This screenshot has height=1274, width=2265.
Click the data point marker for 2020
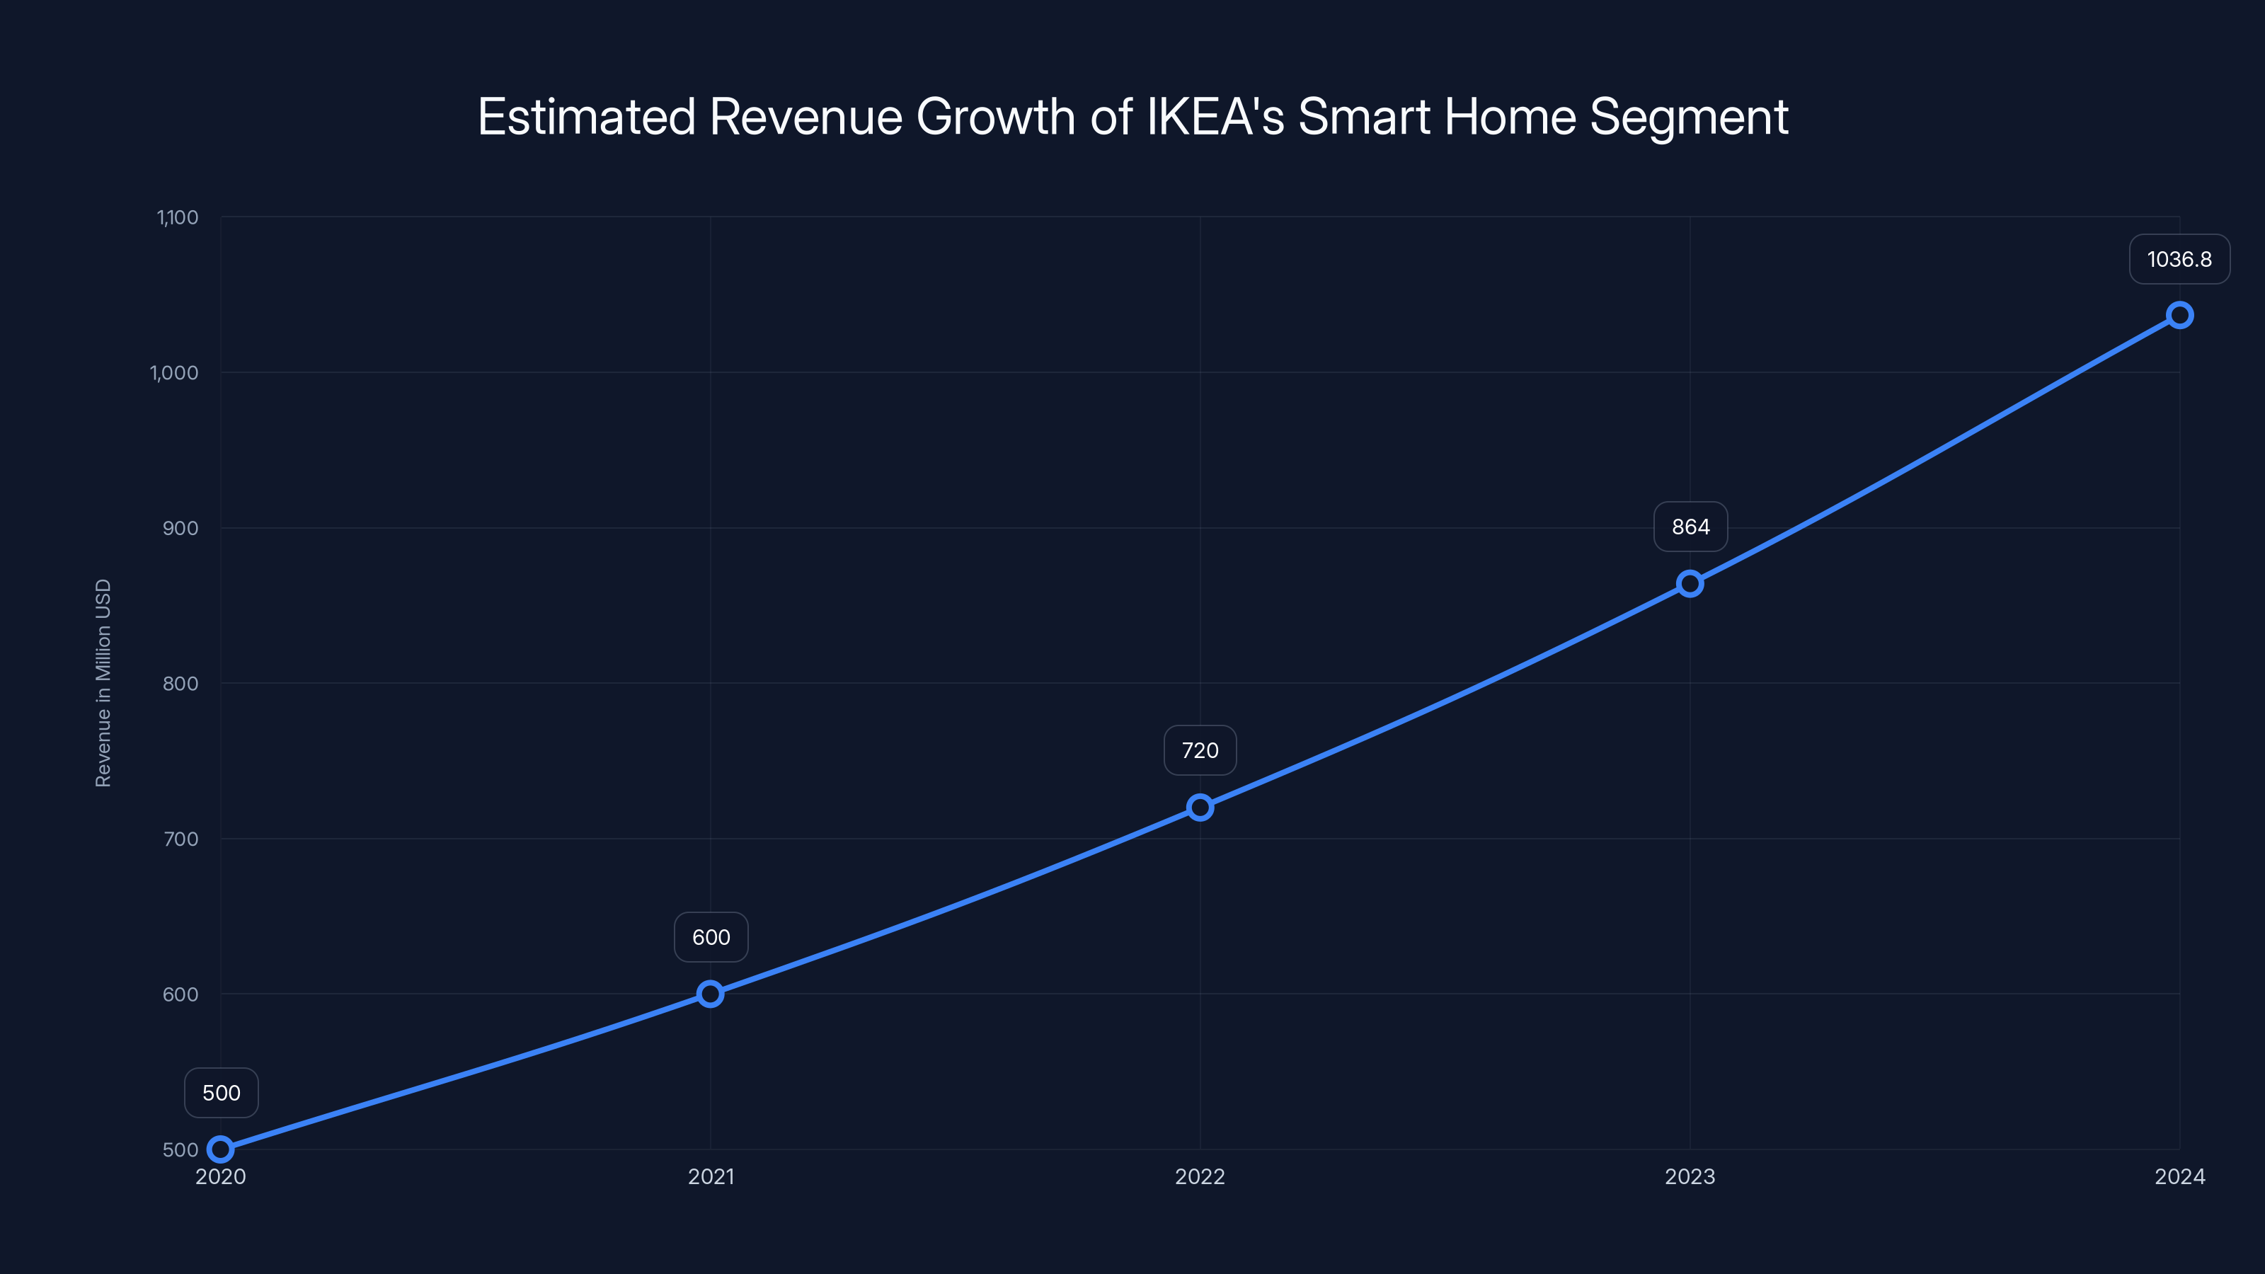coord(221,1149)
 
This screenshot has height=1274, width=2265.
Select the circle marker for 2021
coord(711,994)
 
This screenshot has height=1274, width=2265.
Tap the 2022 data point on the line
coord(1200,807)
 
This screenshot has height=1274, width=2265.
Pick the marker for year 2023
coord(1690,584)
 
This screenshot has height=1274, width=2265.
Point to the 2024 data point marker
coord(2180,315)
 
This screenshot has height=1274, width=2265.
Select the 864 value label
coord(1690,527)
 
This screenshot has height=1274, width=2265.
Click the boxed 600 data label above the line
coord(711,937)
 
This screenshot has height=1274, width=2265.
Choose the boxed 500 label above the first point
coord(221,1093)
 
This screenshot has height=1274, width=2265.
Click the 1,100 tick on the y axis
coord(178,217)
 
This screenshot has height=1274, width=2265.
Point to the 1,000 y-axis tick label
coord(174,373)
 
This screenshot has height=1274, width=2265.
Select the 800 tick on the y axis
coord(180,683)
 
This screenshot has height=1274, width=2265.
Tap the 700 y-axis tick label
coord(180,839)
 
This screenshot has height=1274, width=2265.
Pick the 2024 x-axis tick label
coord(2180,1176)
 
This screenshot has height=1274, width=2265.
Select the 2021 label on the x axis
coord(711,1176)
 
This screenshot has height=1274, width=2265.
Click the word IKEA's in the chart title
coord(1215,117)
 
